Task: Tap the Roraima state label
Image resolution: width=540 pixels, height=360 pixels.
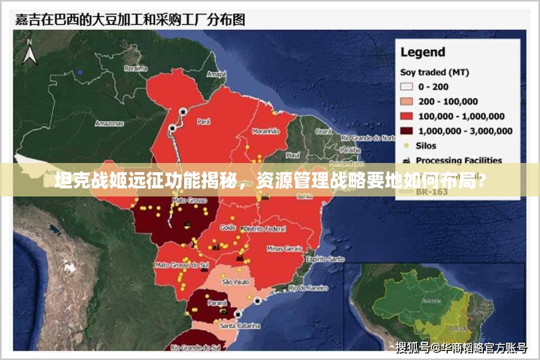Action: (136, 69)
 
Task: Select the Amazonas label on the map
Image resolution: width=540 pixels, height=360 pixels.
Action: (110, 123)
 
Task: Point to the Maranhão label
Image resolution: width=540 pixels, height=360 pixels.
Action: (266, 131)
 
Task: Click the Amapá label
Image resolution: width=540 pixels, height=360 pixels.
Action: (217, 74)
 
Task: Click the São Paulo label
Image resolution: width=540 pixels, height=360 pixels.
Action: (234, 282)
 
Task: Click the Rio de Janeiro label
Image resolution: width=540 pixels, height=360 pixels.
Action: (308, 288)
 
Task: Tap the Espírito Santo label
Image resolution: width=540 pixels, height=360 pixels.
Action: (325, 259)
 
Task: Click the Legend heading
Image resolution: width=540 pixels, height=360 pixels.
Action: (422, 52)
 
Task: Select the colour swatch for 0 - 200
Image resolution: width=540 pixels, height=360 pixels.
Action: (407, 86)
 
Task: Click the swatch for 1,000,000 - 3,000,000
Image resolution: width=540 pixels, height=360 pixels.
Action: (407, 131)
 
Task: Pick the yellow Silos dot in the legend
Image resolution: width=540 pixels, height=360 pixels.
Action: (406, 145)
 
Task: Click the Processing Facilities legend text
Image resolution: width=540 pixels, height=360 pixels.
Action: (459, 160)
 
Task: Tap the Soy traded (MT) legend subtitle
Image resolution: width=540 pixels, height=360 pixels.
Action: (430, 72)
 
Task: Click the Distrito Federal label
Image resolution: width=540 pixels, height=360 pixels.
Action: (265, 229)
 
